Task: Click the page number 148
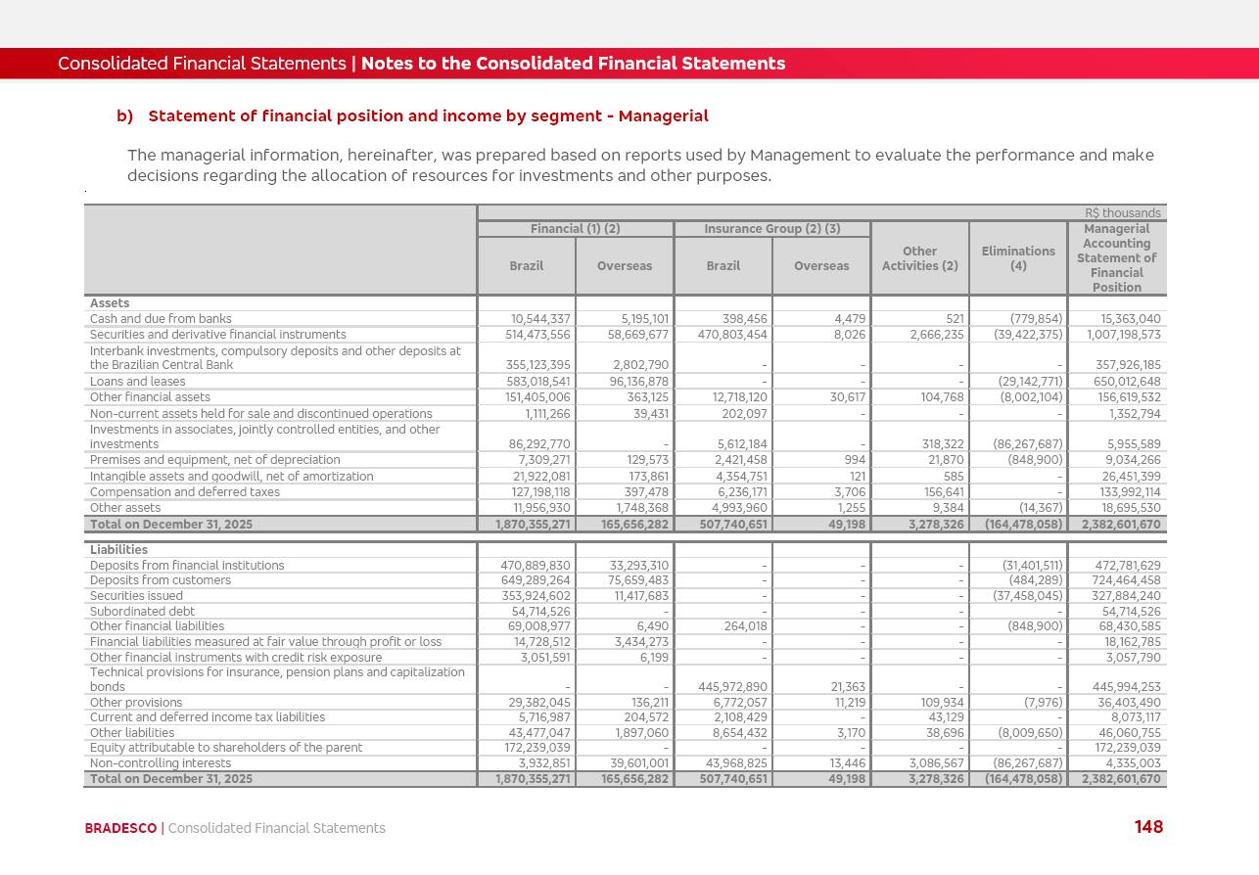coord(1148,827)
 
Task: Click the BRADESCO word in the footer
coord(120,828)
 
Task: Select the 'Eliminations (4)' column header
coord(1018,258)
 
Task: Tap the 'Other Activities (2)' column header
coord(919,258)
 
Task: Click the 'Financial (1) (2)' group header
coord(575,229)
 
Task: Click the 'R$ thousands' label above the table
coord(1122,213)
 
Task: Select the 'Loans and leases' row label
coord(137,382)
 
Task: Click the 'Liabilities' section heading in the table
coord(118,550)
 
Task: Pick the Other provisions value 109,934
coord(937,703)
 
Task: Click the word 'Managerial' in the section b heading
coord(664,116)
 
